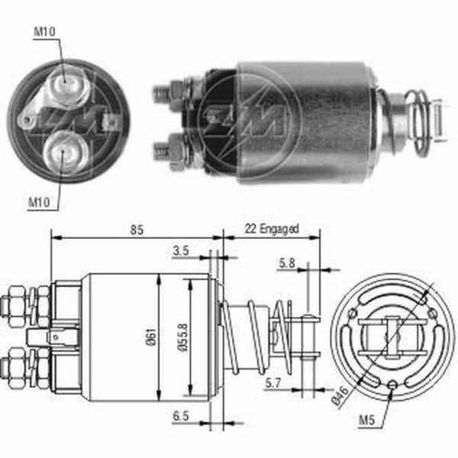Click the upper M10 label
(x=44, y=32)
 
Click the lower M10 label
(x=39, y=202)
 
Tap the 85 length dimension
(x=137, y=231)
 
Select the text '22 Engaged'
(x=272, y=229)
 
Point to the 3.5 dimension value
(x=181, y=251)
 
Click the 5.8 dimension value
(x=286, y=263)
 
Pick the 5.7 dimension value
(x=273, y=383)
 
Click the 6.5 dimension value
(x=181, y=416)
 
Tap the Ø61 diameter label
(x=151, y=337)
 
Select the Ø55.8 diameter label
(x=183, y=337)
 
